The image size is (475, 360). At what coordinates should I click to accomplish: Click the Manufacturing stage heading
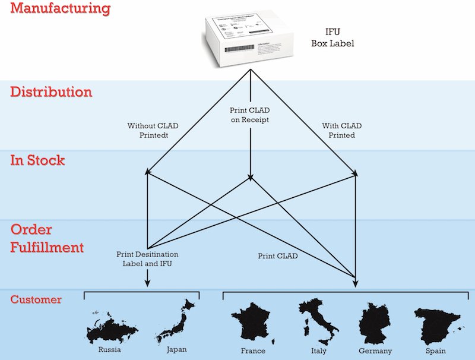pos(61,9)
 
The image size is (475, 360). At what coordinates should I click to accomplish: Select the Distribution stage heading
pos(51,93)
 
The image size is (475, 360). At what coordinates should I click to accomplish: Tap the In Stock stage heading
pos(37,160)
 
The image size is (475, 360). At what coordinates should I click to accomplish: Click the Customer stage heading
pos(36,299)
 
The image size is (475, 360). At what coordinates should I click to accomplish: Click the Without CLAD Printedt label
pos(153,130)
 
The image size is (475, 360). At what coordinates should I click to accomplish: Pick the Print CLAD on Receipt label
pos(250,115)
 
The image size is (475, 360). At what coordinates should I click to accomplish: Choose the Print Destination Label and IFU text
pos(146,258)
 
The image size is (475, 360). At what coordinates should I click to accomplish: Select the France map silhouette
pos(253,324)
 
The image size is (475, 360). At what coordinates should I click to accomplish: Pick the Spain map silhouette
pos(435,326)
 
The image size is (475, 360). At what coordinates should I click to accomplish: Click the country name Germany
pos(375,351)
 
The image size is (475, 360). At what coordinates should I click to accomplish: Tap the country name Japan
pos(178,349)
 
